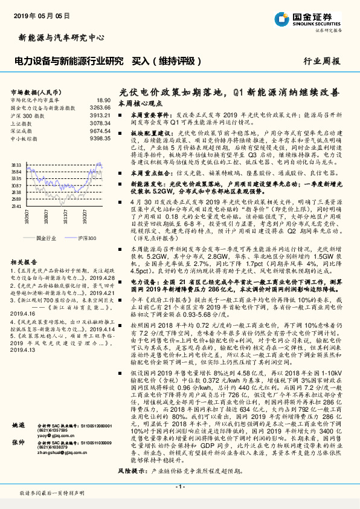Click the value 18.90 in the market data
(103, 100)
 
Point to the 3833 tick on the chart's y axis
(16, 164)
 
